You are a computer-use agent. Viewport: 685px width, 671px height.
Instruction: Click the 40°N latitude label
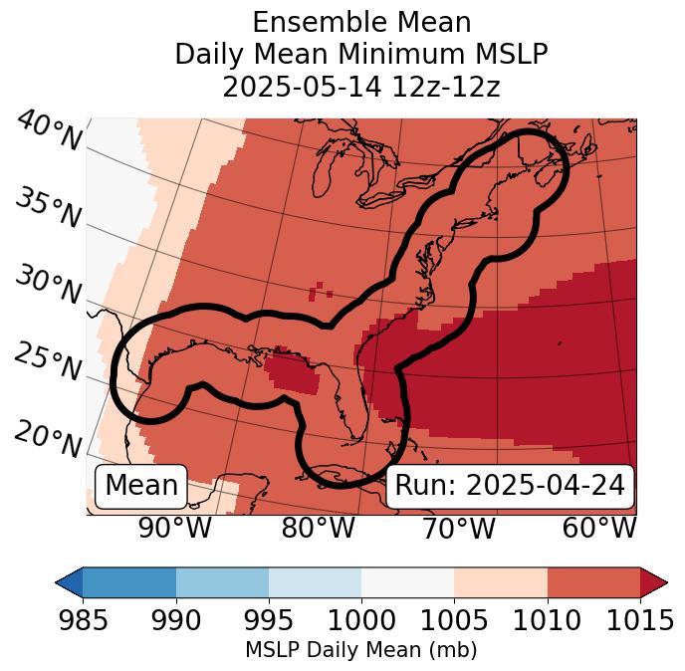tap(49, 131)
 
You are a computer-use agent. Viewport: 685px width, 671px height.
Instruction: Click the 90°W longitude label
tap(174, 528)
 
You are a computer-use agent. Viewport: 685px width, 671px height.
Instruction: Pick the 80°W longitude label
tap(318, 528)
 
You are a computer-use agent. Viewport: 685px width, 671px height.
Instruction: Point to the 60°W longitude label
tap(599, 528)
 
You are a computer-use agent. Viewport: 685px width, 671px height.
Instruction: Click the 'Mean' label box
tap(141, 486)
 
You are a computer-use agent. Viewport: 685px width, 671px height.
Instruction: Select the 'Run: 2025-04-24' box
tap(510, 486)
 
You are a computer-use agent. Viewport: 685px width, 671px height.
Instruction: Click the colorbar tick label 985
tap(84, 621)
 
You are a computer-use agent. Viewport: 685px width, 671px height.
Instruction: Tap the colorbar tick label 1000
tap(361, 621)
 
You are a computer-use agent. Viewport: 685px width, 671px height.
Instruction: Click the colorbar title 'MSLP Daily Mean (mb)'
tap(360, 651)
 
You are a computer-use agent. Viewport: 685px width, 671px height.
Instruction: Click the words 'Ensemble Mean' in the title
tap(360, 22)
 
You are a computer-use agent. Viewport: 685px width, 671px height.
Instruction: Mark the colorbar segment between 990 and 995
tap(222, 581)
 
